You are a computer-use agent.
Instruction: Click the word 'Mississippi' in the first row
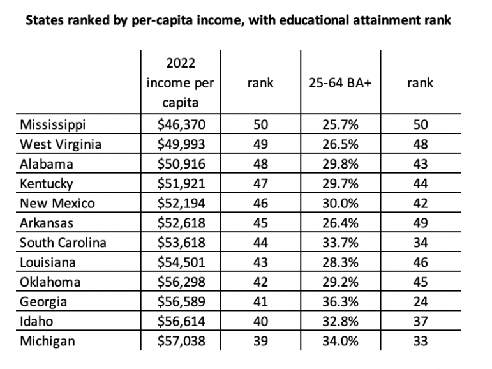[x=52, y=124]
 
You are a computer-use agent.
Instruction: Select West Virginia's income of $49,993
[x=181, y=144]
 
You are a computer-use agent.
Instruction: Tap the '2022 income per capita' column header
[x=181, y=83]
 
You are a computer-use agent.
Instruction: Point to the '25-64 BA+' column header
[x=340, y=83]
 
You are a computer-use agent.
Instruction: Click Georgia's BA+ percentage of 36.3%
[x=341, y=302]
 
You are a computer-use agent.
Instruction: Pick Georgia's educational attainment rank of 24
[x=421, y=302]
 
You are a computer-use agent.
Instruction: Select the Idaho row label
[x=36, y=322]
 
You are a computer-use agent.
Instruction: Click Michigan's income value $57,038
[x=181, y=341]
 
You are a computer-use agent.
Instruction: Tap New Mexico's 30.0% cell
[x=341, y=204]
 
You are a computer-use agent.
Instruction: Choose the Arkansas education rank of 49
[x=421, y=223]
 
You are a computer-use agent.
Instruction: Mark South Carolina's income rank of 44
[x=260, y=243]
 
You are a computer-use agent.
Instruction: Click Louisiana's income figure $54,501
[x=181, y=262]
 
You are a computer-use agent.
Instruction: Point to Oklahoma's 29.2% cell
[x=341, y=282]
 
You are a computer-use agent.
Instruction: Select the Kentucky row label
[x=47, y=184]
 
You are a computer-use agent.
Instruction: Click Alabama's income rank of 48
[x=260, y=164]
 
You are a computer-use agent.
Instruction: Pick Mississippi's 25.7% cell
[x=341, y=124]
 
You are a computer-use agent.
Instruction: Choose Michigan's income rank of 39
[x=260, y=341]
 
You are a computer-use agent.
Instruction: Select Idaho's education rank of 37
[x=421, y=322]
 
